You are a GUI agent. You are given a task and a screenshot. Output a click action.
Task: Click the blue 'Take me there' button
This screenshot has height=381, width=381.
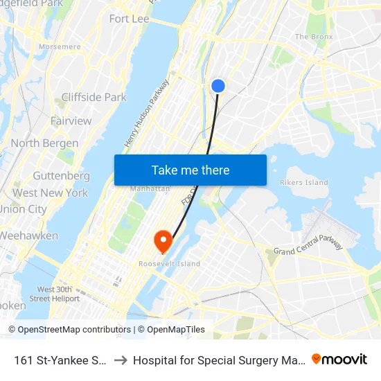(x=190, y=170)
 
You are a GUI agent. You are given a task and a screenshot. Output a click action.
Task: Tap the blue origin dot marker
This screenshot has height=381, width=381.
(x=218, y=86)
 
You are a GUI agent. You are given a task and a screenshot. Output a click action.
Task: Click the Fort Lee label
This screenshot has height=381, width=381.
(x=130, y=19)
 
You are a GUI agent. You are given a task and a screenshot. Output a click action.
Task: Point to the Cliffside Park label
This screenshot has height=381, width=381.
(x=94, y=98)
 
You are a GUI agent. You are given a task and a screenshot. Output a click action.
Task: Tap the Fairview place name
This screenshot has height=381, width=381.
(x=71, y=121)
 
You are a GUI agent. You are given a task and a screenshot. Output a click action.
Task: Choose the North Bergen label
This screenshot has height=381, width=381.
(x=44, y=143)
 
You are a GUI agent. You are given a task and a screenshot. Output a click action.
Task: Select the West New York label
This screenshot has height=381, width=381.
(x=50, y=193)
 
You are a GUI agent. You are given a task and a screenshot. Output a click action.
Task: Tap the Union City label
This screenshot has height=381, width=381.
(x=23, y=209)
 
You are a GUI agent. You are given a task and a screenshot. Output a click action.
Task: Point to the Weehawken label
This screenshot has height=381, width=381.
(x=28, y=236)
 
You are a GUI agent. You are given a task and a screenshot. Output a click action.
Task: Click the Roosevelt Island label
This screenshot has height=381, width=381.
(x=169, y=264)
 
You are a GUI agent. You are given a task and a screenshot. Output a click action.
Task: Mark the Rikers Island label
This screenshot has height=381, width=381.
(x=303, y=183)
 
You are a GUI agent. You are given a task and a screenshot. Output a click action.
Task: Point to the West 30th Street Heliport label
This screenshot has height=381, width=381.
(x=58, y=294)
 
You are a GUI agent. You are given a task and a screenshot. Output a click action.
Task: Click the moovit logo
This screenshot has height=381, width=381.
(x=339, y=360)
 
